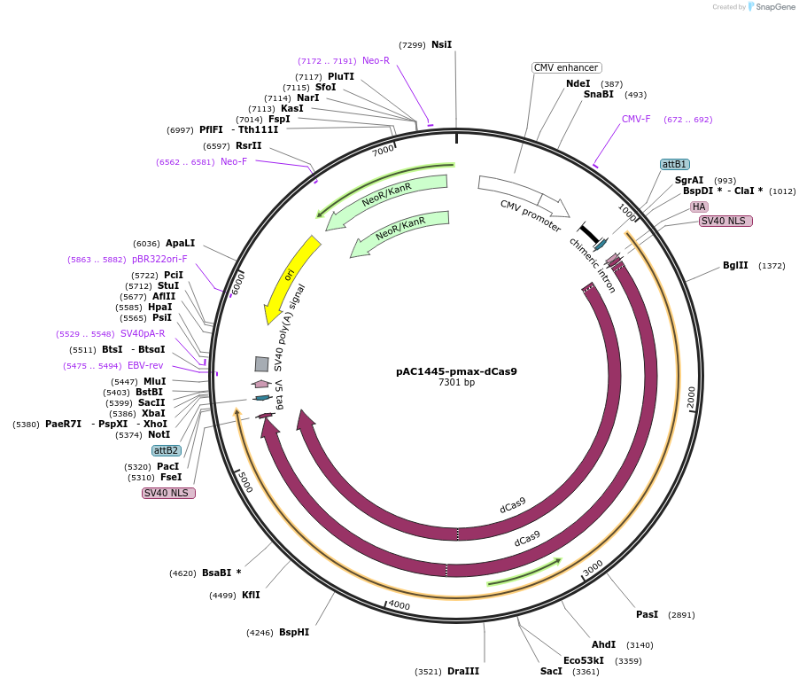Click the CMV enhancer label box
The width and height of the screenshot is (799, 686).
[x=567, y=67]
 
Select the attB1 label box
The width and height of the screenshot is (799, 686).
[x=675, y=164]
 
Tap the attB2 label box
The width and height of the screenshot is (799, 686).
[x=167, y=450]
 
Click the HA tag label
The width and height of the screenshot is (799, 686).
[x=699, y=207]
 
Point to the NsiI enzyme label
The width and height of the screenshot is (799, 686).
[x=441, y=44]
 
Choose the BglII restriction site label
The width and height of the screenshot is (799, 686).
[x=735, y=265]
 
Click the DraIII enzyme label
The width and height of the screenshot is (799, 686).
[x=463, y=671]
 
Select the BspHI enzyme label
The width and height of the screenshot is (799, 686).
[x=294, y=632]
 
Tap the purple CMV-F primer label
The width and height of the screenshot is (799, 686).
[x=636, y=119]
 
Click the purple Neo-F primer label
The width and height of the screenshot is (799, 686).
[x=234, y=161]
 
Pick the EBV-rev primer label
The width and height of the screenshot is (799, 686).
[x=145, y=365]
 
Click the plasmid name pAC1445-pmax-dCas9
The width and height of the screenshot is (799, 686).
[x=456, y=371]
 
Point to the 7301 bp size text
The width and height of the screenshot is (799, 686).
[x=456, y=383]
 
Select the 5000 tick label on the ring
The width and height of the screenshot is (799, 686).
[x=244, y=483]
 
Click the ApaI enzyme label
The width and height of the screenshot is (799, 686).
[x=180, y=243]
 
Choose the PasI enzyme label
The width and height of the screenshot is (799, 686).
[x=647, y=614]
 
